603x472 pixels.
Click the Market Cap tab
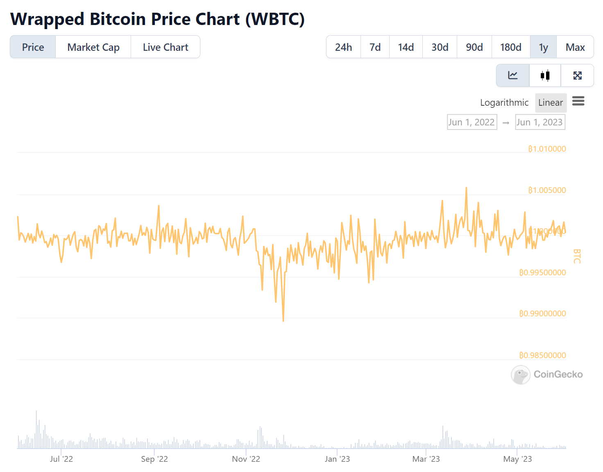coord(93,47)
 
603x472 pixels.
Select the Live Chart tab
coord(165,47)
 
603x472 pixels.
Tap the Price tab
coord(33,47)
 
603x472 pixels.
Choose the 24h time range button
coord(343,47)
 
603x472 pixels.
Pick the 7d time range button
coord(375,47)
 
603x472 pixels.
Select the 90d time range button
coord(474,47)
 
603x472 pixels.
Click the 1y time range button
coord(543,47)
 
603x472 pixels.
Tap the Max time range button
coord(575,47)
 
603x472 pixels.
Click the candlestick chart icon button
coord(545,75)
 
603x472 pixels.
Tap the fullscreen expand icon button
coord(577,75)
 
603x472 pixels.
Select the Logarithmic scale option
coord(504,102)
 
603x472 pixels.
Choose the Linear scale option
coord(551,102)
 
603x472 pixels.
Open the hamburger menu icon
coord(578,101)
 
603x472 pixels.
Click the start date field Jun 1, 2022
coord(472,122)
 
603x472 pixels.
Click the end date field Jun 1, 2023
coord(540,122)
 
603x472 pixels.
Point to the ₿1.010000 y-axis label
coord(547,149)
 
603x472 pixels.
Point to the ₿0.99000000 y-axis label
coord(542,313)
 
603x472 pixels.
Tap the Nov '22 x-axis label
coord(246,459)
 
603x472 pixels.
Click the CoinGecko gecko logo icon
coord(521,374)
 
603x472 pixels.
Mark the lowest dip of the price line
coord(283,320)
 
